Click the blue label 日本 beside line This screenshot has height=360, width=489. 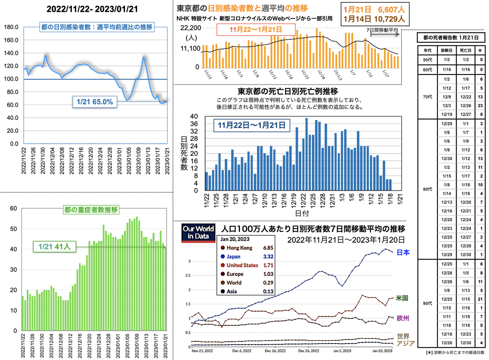pyautogui.click(x=404, y=252)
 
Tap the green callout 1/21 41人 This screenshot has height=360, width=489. pyautogui.click(x=54, y=247)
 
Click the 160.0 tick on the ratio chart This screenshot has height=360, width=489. pyautogui.click(x=11, y=40)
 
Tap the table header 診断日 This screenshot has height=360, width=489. pyautogui.click(x=446, y=50)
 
